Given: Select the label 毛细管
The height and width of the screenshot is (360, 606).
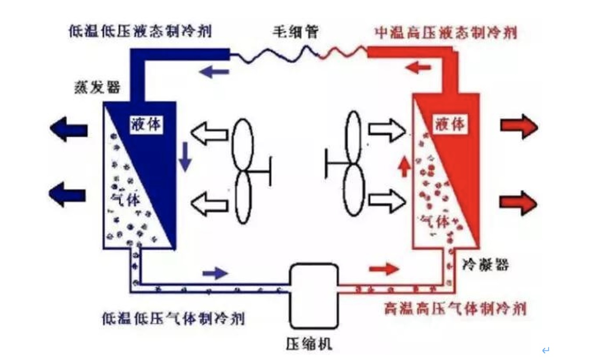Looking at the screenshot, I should [295, 32].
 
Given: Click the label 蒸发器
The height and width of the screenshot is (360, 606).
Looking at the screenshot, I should [96, 88].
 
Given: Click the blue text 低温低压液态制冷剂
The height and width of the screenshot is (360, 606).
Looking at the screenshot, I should [140, 32].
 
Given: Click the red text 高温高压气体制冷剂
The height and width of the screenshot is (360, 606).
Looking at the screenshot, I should [455, 309].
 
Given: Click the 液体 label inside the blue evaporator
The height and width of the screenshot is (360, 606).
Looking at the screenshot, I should [146, 125].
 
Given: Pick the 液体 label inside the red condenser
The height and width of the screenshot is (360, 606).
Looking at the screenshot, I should [450, 125].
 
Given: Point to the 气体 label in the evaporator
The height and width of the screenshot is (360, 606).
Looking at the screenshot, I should [127, 200].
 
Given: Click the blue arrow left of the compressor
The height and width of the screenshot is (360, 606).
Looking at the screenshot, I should [215, 274].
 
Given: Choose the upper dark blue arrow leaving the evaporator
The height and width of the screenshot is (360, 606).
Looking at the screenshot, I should [69, 129].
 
